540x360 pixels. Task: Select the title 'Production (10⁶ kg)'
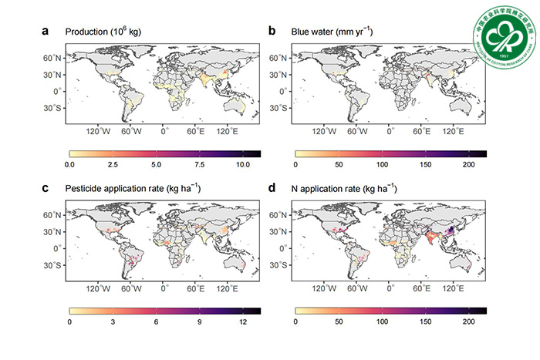pos(108,32)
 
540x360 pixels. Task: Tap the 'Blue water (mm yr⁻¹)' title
pos(330,32)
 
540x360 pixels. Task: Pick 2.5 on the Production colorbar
pos(113,165)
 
